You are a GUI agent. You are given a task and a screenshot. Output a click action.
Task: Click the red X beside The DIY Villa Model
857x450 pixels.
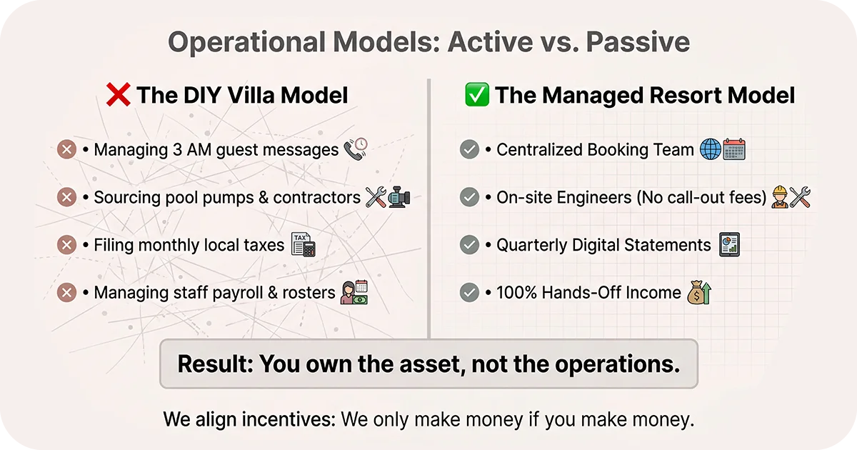pos(118,95)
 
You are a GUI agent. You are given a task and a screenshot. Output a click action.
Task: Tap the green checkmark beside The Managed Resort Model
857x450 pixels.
pos(476,95)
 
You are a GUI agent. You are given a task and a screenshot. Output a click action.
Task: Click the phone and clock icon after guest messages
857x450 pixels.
pos(355,149)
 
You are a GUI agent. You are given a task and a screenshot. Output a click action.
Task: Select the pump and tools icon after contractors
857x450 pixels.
pos(387,196)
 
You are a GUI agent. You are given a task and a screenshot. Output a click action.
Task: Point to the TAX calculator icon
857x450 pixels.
pos(303,244)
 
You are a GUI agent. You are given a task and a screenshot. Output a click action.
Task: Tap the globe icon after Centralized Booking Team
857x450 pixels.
pos(711,149)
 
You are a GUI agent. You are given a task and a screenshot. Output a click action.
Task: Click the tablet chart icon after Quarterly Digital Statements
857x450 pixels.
pos(729,244)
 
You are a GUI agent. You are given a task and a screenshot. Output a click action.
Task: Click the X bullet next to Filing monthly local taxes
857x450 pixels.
pos(66,245)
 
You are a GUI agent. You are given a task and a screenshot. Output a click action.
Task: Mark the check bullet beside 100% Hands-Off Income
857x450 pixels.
pos(469,292)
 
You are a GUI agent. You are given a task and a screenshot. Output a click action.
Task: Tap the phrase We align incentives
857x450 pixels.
pos(249,419)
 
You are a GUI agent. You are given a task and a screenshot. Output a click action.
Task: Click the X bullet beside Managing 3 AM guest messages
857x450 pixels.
pos(66,150)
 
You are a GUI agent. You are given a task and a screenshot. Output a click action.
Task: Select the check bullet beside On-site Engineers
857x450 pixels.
pos(469,197)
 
